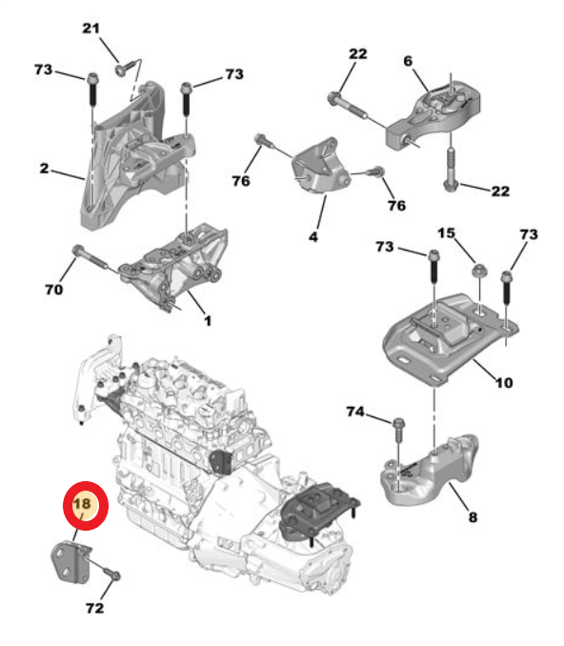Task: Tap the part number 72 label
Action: (94, 607)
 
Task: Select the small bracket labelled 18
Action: (69, 559)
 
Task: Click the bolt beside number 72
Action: (111, 575)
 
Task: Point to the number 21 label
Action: (91, 30)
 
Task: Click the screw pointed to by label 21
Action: (124, 68)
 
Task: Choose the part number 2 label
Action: (44, 169)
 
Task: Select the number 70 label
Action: (54, 289)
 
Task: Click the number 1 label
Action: (206, 321)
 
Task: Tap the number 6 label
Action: (408, 60)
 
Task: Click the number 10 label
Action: (503, 383)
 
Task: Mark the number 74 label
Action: (355, 412)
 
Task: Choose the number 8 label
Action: (473, 518)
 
